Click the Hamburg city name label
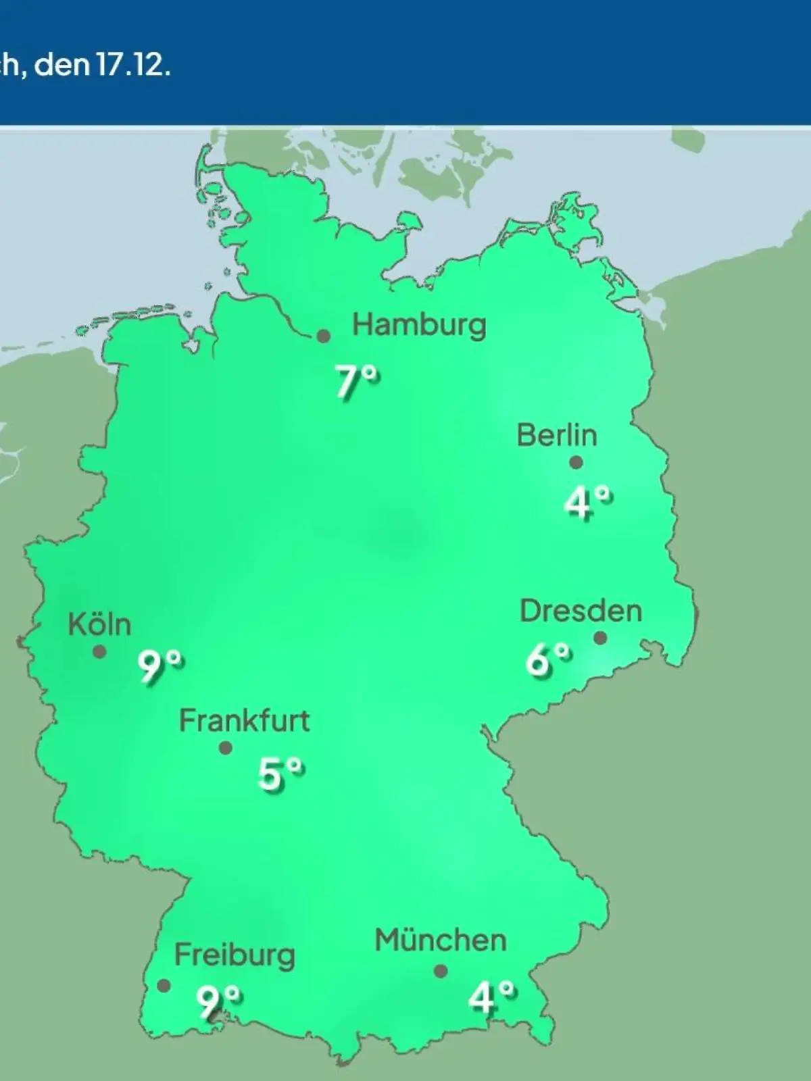click(x=419, y=325)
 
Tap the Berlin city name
click(x=557, y=435)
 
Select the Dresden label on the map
click(x=581, y=611)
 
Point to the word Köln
click(x=99, y=624)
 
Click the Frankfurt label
click(x=244, y=721)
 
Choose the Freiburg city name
click(x=235, y=955)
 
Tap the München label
click(x=441, y=940)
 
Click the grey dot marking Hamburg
click(x=324, y=336)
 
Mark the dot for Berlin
click(x=576, y=463)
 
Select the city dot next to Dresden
click(x=599, y=638)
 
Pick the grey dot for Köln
click(x=99, y=652)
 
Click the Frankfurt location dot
click(x=226, y=748)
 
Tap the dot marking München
click(x=441, y=971)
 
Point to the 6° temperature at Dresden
click(x=548, y=659)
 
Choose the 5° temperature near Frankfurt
click(x=280, y=774)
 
